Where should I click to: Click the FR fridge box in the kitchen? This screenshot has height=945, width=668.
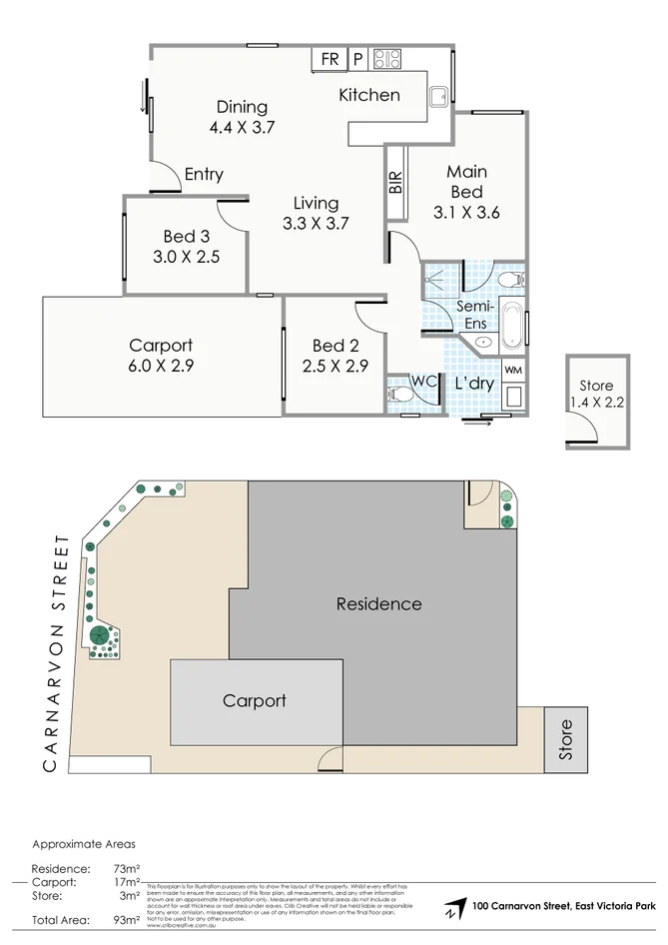[328, 60]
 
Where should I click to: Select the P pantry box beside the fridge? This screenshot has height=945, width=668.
[357, 60]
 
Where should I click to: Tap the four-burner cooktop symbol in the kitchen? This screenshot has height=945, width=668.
[386, 59]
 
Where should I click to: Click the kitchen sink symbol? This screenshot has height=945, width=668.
[438, 95]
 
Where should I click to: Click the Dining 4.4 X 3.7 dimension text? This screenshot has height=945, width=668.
[242, 127]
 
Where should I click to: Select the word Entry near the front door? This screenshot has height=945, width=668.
[204, 175]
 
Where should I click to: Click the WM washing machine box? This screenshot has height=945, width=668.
[512, 371]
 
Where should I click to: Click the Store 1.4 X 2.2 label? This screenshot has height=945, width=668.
[596, 394]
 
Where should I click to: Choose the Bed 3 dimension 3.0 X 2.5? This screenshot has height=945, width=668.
[187, 256]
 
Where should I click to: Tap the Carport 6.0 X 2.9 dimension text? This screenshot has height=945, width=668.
[161, 366]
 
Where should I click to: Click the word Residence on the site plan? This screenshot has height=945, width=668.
[378, 604]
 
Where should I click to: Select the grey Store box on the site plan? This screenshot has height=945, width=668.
[566, 740]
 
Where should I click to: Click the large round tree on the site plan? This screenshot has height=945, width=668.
[99, 635]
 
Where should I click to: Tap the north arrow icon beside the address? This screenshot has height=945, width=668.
[455, 908]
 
